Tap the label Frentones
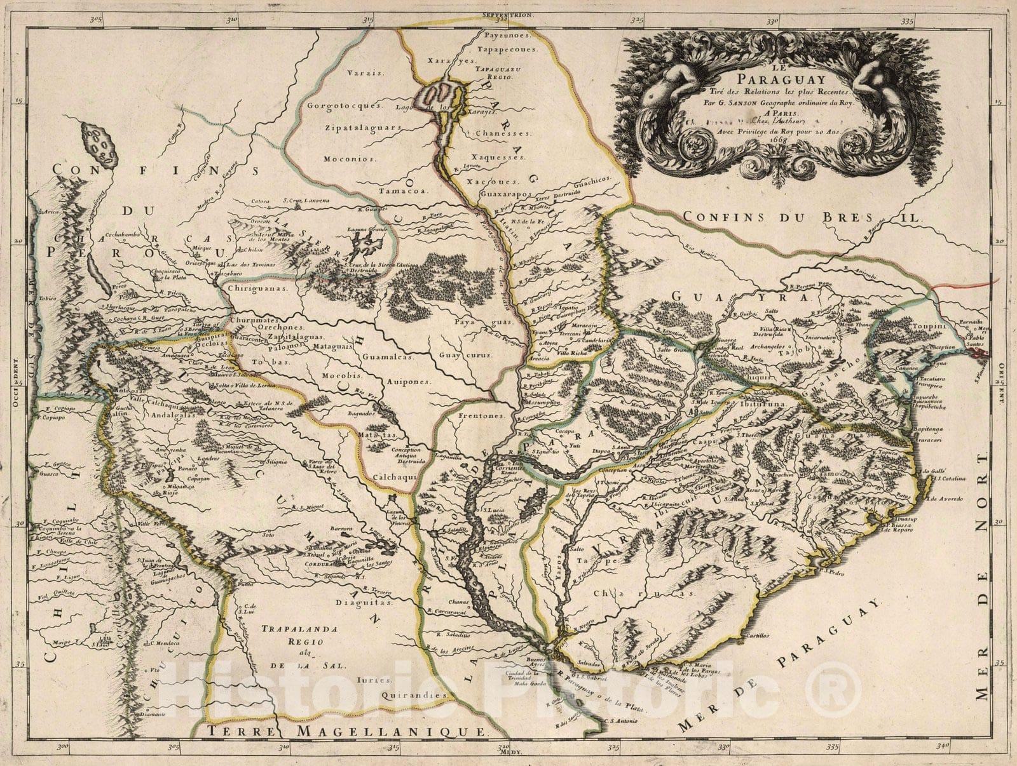point(481,416)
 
